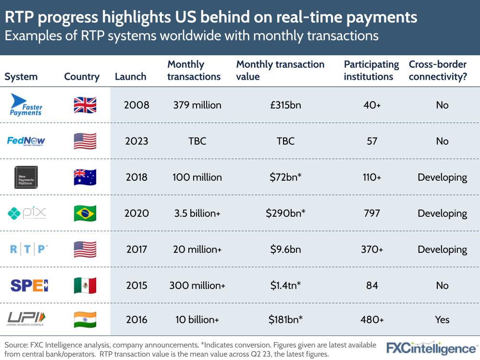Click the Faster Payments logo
pyautogui.click(x=26, y=105)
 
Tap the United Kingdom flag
pyautogui.click(x=85, y=105)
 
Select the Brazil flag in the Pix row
pyautogui.click(x=85, y=213)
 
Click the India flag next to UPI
pyautogui.click(x=85, y=320)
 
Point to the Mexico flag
pyautogui.click(x=85, y=286)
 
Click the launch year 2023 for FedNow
pyautogui.click(x=137, y=141)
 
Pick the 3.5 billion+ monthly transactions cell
pyautogui.click(x=197, y=213)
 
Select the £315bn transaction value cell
pyautogui.click(x=285, y=105)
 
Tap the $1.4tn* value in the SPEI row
pyautogui.click(x=285, y=286)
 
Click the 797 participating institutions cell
pyautogui.click(x=371, y=213)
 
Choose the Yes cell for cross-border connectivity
pyautogui.click(x=442, y=320)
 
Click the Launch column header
pyautogui.click(x=130, y=77)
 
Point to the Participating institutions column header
pyautogui.click(x=371, y=70)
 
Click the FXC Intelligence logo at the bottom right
pyautogui.click(x=431, y=348)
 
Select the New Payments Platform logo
pyautogui.click(x=27, y=177)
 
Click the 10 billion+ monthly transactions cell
pyautogui.click(x=197, y=320)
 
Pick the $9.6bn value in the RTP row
pyautogui.click(x=285, y=249)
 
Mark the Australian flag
pyautogui.click(x=85, y=177)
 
